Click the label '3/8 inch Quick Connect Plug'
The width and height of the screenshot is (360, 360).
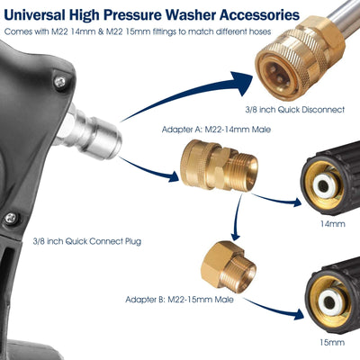tap(86, 241)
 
